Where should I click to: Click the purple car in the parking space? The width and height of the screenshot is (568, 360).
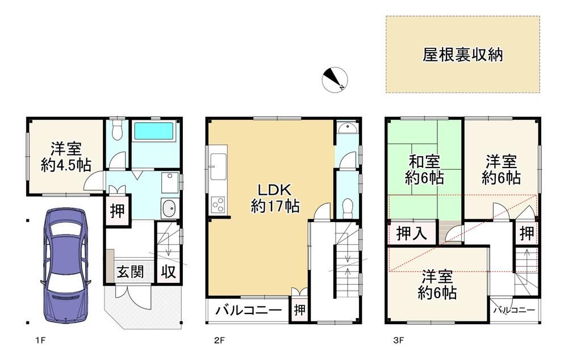tap(66, 265)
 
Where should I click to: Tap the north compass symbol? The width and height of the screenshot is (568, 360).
tap(335, 79)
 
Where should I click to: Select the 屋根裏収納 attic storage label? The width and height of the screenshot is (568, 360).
tap(462, 55)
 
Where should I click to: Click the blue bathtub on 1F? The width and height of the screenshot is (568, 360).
tap(154, 131)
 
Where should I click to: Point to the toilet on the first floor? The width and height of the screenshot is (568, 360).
tap(116, 131)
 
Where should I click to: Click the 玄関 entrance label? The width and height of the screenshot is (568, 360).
tap(130, 271)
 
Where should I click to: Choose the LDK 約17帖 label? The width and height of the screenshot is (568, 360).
tap(275, 198)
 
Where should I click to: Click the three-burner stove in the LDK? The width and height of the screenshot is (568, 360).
tap(219, 204)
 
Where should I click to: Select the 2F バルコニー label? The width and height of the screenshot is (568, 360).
tap(249, 311)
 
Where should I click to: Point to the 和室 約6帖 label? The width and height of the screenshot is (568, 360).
tap(424, 170)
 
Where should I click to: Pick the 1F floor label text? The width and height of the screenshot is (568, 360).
tap(40, 340)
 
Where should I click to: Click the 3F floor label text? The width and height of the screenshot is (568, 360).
tap(399, 340)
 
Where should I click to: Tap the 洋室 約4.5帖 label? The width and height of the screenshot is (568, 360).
tap(66, 157)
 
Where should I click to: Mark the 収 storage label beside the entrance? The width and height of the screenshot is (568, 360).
tap(169, 272)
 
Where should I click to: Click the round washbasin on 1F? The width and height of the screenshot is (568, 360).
tap(169, 209)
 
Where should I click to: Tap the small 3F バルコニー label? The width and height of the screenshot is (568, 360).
tap(514, 310)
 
